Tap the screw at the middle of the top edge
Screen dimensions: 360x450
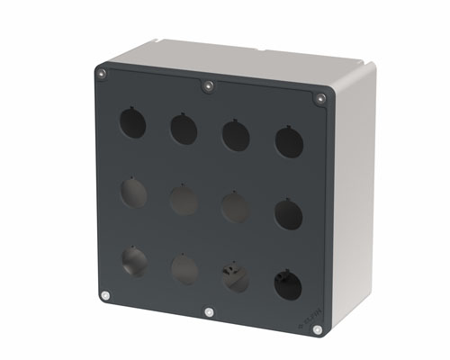click(x=208, y=86)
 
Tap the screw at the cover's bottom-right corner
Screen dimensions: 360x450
click(x=317, y=330)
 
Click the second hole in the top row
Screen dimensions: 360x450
click(x=184, y=129)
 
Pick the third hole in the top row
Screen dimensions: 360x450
click(x=236, y=136)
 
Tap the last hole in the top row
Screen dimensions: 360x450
click(x=289, y=143)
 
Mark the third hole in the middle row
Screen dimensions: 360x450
click(x=236, y=208)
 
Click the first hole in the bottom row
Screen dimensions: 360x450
click(x=134, y=261)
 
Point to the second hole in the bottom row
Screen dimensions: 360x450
click(x=184, y=269)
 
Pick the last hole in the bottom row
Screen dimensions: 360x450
click(x=289, y=284)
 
